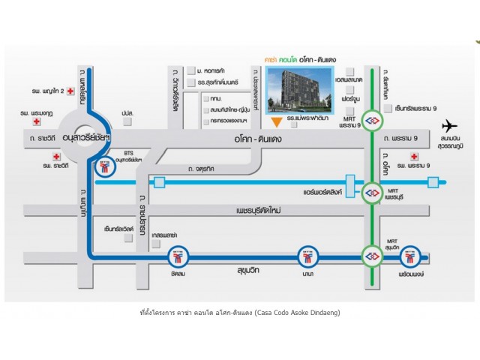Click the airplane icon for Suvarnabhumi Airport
click(450, 125)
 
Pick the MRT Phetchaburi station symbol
click(372, 193)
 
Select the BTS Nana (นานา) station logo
click(307, 257)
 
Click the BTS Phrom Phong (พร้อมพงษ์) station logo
click(409, 257)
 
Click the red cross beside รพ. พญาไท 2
click(70, 91)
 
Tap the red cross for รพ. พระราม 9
click(413, 156)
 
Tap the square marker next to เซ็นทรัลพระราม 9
click(387, 108)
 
